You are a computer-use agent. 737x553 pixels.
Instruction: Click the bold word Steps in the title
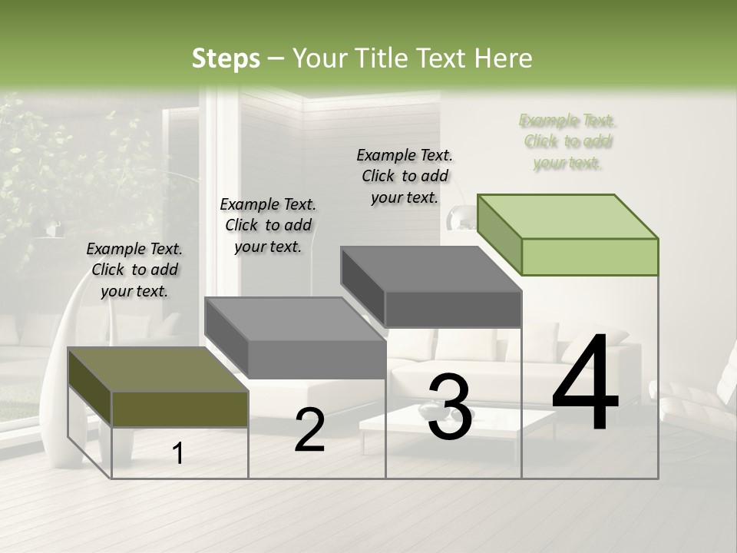click(x=226, y=58)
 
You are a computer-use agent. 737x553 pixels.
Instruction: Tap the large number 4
click(x=585, y=383)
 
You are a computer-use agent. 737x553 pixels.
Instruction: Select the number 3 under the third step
click(x=450, y=408)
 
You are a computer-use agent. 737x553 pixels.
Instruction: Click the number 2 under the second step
click(x=309, y=430)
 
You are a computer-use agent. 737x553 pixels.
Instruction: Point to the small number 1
click(x=178, y=453)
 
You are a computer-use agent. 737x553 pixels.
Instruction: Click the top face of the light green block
click(x=568, y=216)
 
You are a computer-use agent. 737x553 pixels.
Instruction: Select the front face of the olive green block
click(x=180, y=409)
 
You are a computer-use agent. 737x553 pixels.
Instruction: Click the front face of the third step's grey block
click(x=453, y=310)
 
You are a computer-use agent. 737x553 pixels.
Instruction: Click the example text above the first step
click(x=134, y=270)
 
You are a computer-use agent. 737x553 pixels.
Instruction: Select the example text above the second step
click(x=268, y=225)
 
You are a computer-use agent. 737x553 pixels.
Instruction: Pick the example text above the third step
click(x=405, y=176)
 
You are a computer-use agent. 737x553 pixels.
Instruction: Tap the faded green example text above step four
click(x=567, y=141)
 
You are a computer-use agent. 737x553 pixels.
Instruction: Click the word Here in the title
click(x=504, y=58)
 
